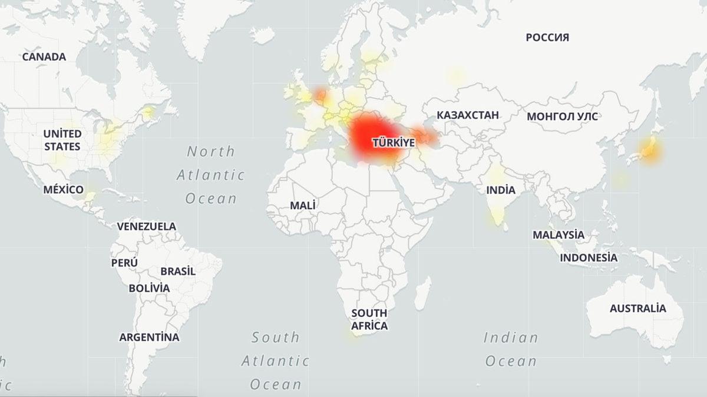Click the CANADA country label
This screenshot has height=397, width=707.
tap(44, 57)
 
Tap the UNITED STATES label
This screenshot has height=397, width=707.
tap(62, 140)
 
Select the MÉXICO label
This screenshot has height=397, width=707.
tap(63, 189)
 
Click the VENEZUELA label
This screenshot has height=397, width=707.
tap(146, 226)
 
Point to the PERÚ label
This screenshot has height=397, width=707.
tap(124, 262)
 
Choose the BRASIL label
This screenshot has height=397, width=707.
tap(178, 272)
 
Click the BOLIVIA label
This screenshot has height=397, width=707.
tap(149, 288)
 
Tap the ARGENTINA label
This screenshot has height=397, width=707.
tap(149, 338)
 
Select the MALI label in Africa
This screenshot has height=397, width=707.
tap(302, 205)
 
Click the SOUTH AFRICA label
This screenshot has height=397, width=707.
tap(369, 319)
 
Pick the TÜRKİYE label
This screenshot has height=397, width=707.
tap(393, 142)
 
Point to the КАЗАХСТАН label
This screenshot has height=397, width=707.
tap(468, 115)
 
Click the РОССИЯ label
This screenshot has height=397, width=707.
tap(547, 38)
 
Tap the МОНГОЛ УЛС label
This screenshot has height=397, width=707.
tap(562, 116)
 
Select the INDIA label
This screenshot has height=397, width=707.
tap(501, 190)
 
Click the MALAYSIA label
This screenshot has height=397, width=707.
tap(559, 235)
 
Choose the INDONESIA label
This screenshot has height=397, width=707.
tap(589, 258)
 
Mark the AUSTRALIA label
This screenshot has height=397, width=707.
tap(637, 308)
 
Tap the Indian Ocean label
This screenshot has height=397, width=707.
tap(511, 349)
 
